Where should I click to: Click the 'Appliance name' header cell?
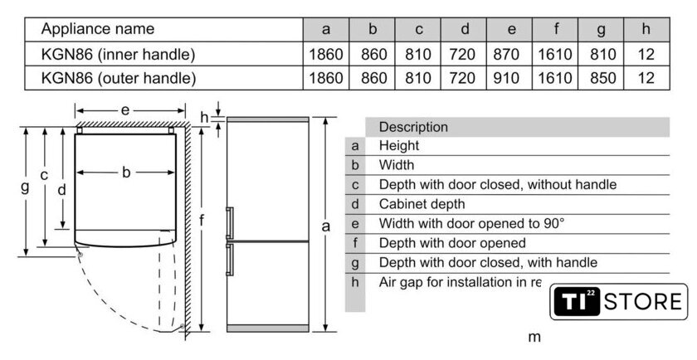click(98, 29)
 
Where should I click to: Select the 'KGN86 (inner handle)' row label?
click(118, 55)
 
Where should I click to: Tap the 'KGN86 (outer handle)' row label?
click(119, 79)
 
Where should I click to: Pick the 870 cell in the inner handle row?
click(511, 55)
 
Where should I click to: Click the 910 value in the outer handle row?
click(511, 79)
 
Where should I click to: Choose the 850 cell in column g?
click(601, 79)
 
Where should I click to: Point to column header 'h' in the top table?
click(646, 29)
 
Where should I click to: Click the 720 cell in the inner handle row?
click(465, 55)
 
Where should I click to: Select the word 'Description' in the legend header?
click(413, 127)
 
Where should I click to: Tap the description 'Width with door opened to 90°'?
click(471, 224)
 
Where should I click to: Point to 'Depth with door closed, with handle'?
click(488, 263)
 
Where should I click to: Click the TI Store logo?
click(619, 301)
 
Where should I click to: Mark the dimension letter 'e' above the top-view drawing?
click(125, 109)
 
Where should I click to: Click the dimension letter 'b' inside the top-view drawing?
click(126, 173)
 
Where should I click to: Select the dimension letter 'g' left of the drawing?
click(25, 187)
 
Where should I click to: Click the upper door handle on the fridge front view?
click(230, 222)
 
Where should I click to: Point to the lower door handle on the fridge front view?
click(230, 258)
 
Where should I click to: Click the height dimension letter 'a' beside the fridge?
click(326, 226)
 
